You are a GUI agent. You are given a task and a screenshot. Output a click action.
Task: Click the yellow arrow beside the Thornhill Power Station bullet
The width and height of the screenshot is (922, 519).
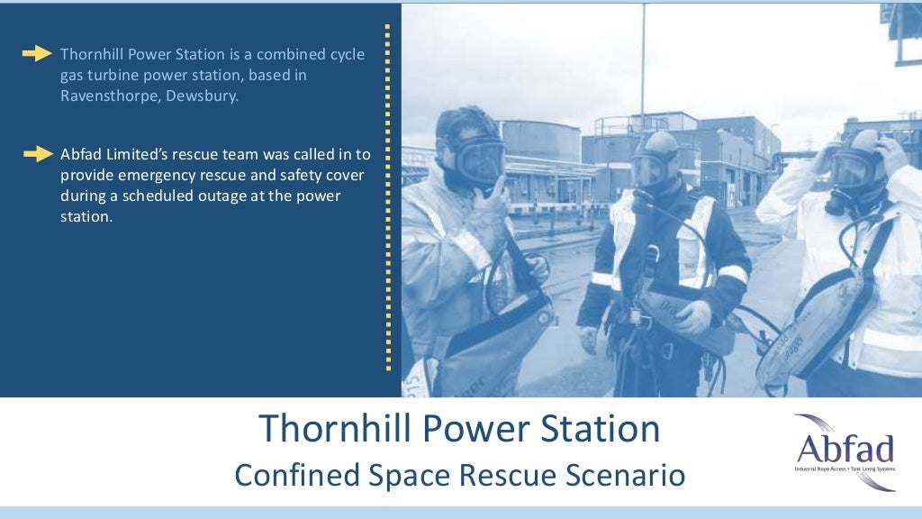37,54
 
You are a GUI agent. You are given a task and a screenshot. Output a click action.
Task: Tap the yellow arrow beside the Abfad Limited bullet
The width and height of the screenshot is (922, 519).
37,154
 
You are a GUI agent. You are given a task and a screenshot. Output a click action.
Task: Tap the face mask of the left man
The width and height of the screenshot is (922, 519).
477,160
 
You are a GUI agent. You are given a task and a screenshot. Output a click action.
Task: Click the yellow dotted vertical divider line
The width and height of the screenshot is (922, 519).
388,198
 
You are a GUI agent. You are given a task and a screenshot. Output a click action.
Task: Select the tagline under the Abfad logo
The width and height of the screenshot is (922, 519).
844,470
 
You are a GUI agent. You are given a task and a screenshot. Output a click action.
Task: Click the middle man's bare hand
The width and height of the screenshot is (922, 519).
692,316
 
